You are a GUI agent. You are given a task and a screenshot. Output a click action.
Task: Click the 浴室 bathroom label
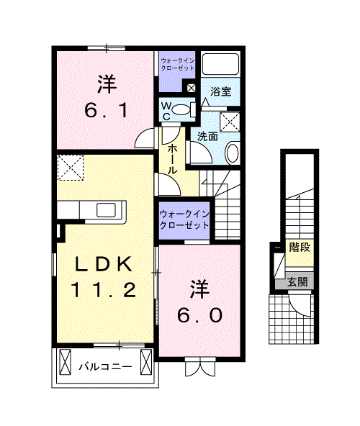pos(221,92)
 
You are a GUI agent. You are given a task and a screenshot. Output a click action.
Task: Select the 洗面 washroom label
pos(208,135)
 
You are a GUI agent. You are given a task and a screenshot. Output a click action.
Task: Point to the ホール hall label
pos(174,159)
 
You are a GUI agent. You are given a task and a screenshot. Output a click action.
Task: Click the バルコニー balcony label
pos(105,367)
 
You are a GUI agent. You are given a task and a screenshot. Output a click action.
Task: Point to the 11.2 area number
pos(103,290)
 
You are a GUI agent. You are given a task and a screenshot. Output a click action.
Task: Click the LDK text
pos(103,264)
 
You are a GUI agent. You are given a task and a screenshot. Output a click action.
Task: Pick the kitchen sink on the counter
pos(109,209)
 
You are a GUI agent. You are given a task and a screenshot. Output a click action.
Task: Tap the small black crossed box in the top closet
pos(191,89)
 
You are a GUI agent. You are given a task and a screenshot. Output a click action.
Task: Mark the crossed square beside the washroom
pos(228,121)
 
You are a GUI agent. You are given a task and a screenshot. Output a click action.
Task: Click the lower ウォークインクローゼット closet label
pos(184,219)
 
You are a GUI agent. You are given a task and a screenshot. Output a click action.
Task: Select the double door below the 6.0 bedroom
pos(199,367)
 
